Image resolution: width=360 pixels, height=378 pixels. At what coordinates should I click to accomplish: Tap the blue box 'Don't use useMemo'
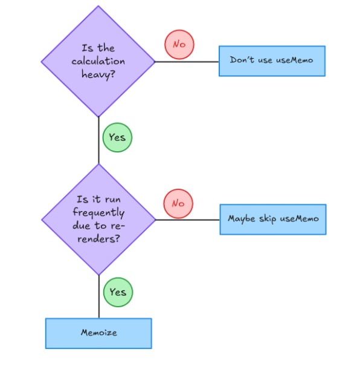272,61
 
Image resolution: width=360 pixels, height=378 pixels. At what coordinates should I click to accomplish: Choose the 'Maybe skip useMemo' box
272,219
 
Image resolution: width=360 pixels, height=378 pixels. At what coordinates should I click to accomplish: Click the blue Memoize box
98,333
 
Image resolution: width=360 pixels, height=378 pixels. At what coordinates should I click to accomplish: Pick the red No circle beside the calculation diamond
179,45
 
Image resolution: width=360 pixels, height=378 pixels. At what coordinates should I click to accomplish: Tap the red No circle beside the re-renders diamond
178,203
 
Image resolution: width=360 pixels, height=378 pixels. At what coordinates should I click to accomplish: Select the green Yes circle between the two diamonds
117,137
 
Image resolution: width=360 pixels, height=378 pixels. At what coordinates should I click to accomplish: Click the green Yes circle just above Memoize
118,292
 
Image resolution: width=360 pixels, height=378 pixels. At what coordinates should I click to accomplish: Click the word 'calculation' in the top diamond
98,61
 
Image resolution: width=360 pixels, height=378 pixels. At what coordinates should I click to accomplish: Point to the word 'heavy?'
98,74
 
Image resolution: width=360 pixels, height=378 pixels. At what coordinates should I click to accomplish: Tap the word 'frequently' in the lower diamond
98,213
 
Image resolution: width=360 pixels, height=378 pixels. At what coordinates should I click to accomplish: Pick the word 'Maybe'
242,219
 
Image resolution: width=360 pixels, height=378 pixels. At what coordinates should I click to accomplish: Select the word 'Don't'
243,61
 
